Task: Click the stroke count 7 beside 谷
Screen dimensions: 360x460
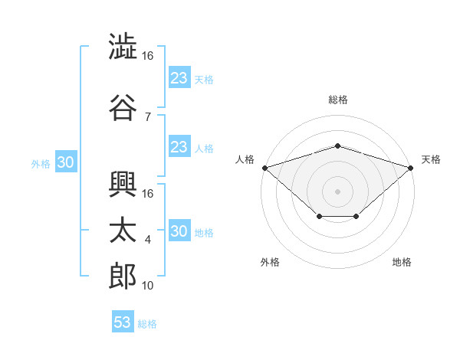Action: tap(147, 116)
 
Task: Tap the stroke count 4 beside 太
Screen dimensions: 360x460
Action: tap(147, 240)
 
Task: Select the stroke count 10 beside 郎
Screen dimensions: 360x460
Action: tap(148, 286)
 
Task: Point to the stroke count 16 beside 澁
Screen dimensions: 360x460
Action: tap(148, 56)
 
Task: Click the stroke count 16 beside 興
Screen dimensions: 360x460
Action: tap(148, 193)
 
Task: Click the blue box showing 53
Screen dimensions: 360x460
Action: tap(123, 322)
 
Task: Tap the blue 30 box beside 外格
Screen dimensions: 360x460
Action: tap(65, 162)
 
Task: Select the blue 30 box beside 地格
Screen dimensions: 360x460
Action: tap(179, 231)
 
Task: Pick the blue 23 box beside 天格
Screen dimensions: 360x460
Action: tap(179, 77)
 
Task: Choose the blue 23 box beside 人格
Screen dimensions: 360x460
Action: tap(179, 147)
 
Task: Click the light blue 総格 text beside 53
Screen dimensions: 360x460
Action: tap(147, 324)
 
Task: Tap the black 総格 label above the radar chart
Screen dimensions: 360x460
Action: tap(337, 100)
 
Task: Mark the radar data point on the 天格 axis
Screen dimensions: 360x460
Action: tap(411, 167)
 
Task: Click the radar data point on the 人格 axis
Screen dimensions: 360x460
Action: tap(264, 167)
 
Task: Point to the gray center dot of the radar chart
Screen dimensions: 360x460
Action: tap(337, 191)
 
